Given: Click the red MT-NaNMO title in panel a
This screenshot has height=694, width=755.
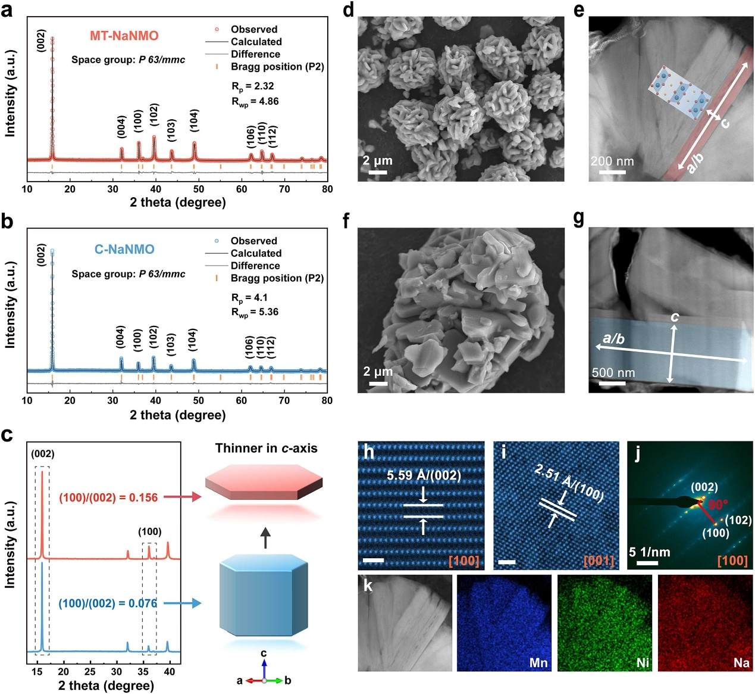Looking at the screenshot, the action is [x=124, y=36].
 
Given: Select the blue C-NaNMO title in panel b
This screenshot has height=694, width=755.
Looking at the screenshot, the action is [x=124, y=249].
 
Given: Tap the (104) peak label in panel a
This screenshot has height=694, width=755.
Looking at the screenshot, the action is [x=194, y=120].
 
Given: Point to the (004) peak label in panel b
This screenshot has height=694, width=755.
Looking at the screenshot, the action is [x=120, y=337].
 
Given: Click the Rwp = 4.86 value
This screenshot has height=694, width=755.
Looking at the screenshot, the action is [x=255, y=102].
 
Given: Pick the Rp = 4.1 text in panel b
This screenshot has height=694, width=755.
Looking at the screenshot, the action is [x=249, y=298].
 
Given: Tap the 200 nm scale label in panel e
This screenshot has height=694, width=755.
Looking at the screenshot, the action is [x=612, y=161].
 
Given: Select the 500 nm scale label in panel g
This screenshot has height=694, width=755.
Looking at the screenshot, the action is [x=613, y=373].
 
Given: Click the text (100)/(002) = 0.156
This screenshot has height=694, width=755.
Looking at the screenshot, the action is [x=108, y=497].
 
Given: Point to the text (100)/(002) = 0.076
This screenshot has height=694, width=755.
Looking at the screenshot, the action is [x=108, y=603].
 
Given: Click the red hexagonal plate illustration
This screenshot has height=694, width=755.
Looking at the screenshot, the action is [x=264, y=482].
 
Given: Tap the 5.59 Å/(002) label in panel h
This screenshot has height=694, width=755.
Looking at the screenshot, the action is [x=424, y=476].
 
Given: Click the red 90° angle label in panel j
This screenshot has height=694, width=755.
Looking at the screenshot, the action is [x=718, y=505].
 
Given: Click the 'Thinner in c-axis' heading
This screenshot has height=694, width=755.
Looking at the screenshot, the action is [x=267, y=448].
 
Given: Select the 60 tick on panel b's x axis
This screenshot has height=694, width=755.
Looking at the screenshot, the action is [x=241, y=400].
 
